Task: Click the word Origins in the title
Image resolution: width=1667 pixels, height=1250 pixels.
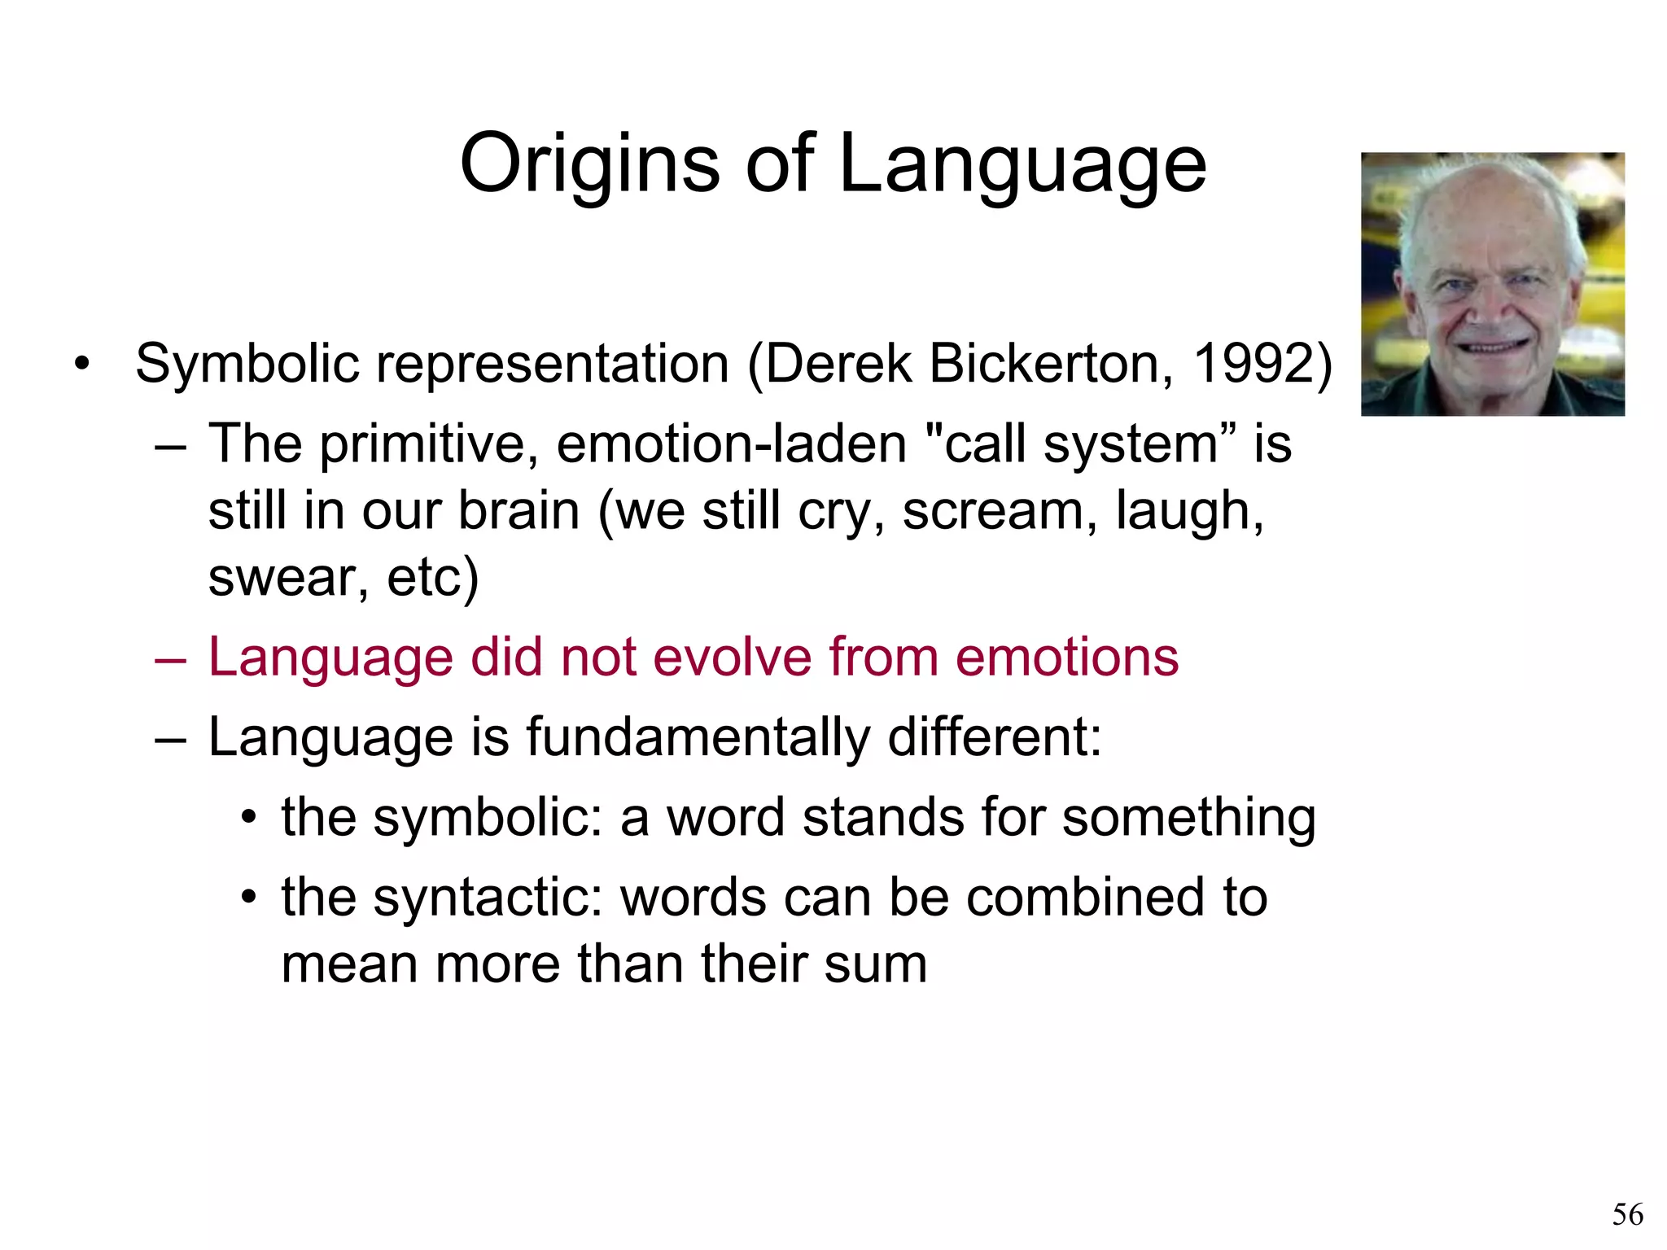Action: pyautogui.click(x=589, y=164)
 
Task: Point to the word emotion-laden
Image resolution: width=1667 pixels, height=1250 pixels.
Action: pyautogui.click(x=731, y=444)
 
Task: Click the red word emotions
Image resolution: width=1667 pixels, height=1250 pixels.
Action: pyautogui.click(x=1066, y=657)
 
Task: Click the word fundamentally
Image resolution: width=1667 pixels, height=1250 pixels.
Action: pyautogui.click(x=698, y=737)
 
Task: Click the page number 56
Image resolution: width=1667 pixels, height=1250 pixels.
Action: pyautogui.click(x=1627, y=1215)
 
